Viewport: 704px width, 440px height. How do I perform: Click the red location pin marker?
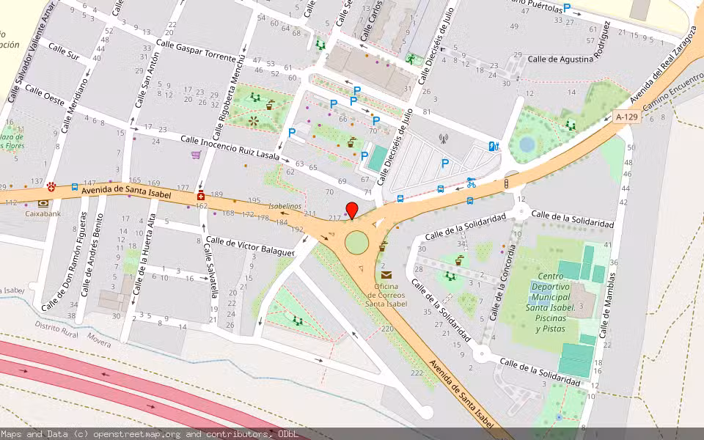(x=352, y=210)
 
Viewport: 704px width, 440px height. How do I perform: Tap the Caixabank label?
(x=43, y=214)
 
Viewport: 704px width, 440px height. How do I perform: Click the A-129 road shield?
(x=626, y=116)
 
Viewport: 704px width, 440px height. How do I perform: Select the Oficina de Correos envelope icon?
(x=386, y=274)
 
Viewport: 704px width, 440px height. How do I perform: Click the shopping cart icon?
(x=196, y=155)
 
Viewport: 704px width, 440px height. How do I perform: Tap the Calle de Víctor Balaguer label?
(x=250, y=246)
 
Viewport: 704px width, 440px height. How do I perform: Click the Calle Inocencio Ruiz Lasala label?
(x=230, y=147)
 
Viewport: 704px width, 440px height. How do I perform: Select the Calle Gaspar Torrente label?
(x=193, y=47)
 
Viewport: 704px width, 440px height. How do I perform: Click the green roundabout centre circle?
(x=358, y=242)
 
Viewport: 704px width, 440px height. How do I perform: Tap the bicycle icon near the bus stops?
(x=471, y=183)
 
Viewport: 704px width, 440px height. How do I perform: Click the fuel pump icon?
(x=494, y=146)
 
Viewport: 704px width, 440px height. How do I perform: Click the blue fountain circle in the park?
(x=527, y=144)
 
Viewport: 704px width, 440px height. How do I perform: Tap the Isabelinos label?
(x=285, y=207)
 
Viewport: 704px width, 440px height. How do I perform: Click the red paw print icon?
(x=51, y=187)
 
